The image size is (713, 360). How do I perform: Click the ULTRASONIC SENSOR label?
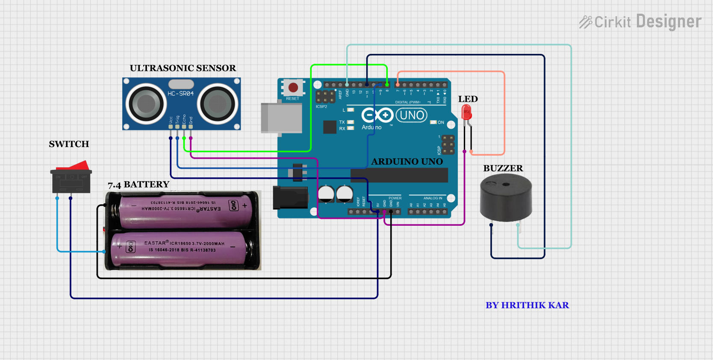coord(183,68)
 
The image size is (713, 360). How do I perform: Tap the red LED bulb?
coord(466,113)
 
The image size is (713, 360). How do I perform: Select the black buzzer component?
coord(506,199)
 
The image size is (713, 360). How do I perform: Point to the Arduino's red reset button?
coord(293,88)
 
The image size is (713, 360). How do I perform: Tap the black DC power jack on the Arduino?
coord(291,198)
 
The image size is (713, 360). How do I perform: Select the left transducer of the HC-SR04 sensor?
coord(146,103)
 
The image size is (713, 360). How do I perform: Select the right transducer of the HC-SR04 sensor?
coord(217,103)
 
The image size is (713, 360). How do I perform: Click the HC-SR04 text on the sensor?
coord(180,94)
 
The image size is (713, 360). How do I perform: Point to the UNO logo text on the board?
coord(412,115)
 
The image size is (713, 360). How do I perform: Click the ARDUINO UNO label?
coord(407,162)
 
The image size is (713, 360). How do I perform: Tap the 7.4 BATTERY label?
coord(138,185)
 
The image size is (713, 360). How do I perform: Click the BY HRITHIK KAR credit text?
coord(527,305)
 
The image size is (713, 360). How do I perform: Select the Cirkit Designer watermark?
coord(640,22)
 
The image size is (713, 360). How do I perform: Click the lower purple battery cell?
coord(180,248)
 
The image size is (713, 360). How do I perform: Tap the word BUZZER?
coord(503,168)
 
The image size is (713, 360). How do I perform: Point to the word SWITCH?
coord(69,144)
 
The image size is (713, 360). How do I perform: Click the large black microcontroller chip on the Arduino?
coord(399,175)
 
